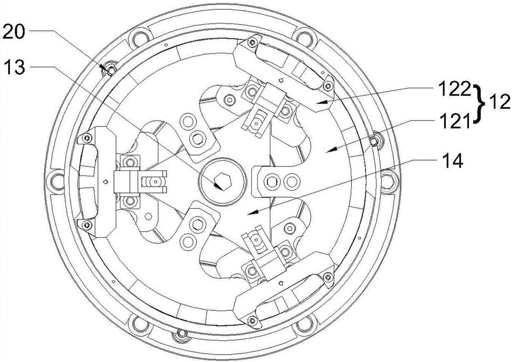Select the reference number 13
(x=13, y=68)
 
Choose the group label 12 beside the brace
(x=498, y=103)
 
